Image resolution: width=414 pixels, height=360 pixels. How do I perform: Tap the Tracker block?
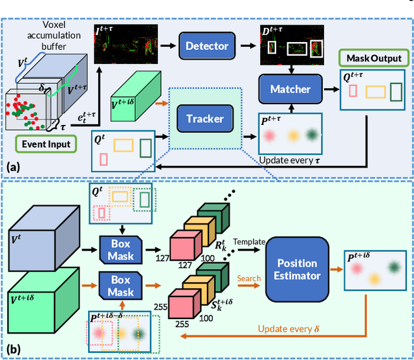coord(204,118)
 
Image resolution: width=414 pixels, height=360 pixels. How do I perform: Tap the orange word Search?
coord(249,278)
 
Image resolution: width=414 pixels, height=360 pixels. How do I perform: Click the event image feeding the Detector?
coord(125,45)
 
